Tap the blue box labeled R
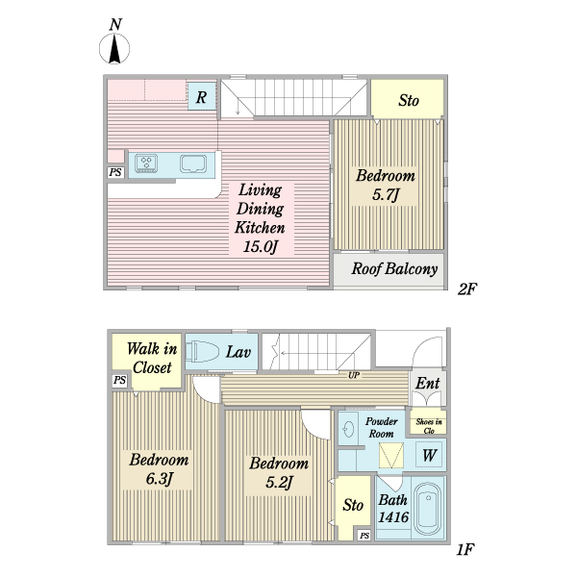point(202,96)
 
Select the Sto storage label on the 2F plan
point(408,99)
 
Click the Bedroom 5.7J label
point(385,186)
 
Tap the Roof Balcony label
point(394,269)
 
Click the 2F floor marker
point(466,288)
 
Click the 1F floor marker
point(465,551)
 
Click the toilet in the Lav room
point(202,353)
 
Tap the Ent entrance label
point(428,384)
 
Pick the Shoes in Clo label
point(429,422)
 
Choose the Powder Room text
point(382,427)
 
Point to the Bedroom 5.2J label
point(279,471)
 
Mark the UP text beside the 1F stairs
point(355,375)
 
